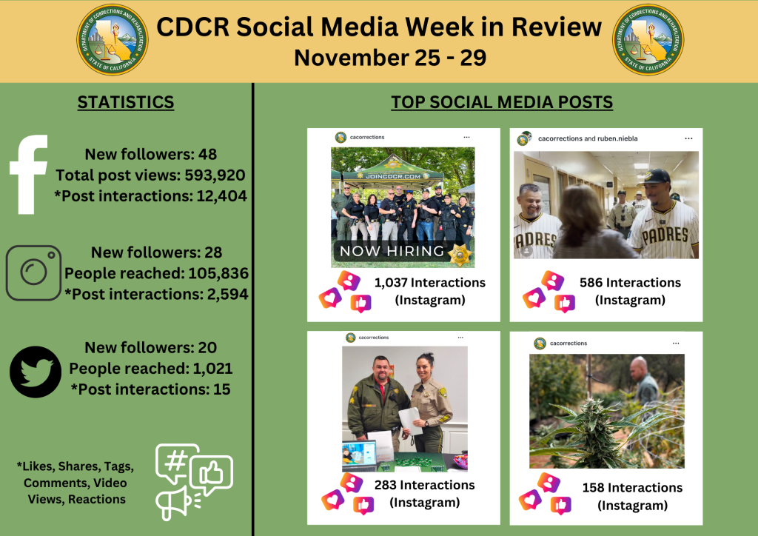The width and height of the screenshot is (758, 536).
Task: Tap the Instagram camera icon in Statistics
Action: [x=33, y=273]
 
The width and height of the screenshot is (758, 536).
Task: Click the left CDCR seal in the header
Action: [x=113, y=39]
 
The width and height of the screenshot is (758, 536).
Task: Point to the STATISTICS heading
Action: [x=126, y=102]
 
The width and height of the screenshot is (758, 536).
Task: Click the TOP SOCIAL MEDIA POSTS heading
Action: [x=502, y=102]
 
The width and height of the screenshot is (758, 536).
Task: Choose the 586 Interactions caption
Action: [x=630, y=283]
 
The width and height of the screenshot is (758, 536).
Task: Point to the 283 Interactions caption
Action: [x=425, y=486]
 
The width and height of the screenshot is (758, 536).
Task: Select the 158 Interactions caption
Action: [x=632, y=488]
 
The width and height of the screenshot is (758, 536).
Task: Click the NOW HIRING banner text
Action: [x=392, y=251]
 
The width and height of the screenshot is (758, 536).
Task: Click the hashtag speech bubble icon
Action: [x=177, y=462]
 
